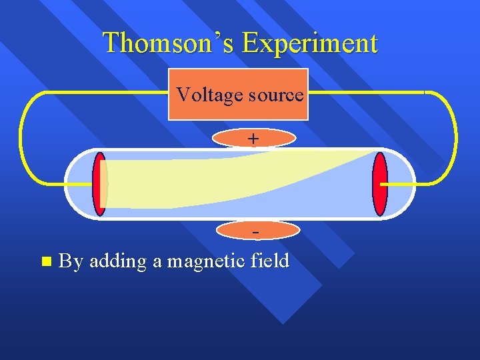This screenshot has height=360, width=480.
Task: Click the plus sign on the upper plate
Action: pos(253,138)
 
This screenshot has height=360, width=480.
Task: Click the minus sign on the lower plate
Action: pos(255,231)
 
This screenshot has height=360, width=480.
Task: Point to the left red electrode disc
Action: pos(100,184)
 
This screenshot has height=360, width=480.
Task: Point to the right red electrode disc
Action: pos(380,184)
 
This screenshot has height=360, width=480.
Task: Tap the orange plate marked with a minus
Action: pos(233,231)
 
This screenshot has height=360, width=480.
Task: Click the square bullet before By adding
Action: pos(45,261)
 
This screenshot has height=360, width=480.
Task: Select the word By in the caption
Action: pos(71,261)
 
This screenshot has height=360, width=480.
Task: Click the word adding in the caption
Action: pos(117,261)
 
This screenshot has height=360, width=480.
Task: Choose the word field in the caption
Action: pos(270,260)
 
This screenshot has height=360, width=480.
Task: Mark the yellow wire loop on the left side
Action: pos(22,137)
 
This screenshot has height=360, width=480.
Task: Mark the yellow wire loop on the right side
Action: pos(456,137)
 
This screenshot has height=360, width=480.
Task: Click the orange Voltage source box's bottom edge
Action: pos(238,119)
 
